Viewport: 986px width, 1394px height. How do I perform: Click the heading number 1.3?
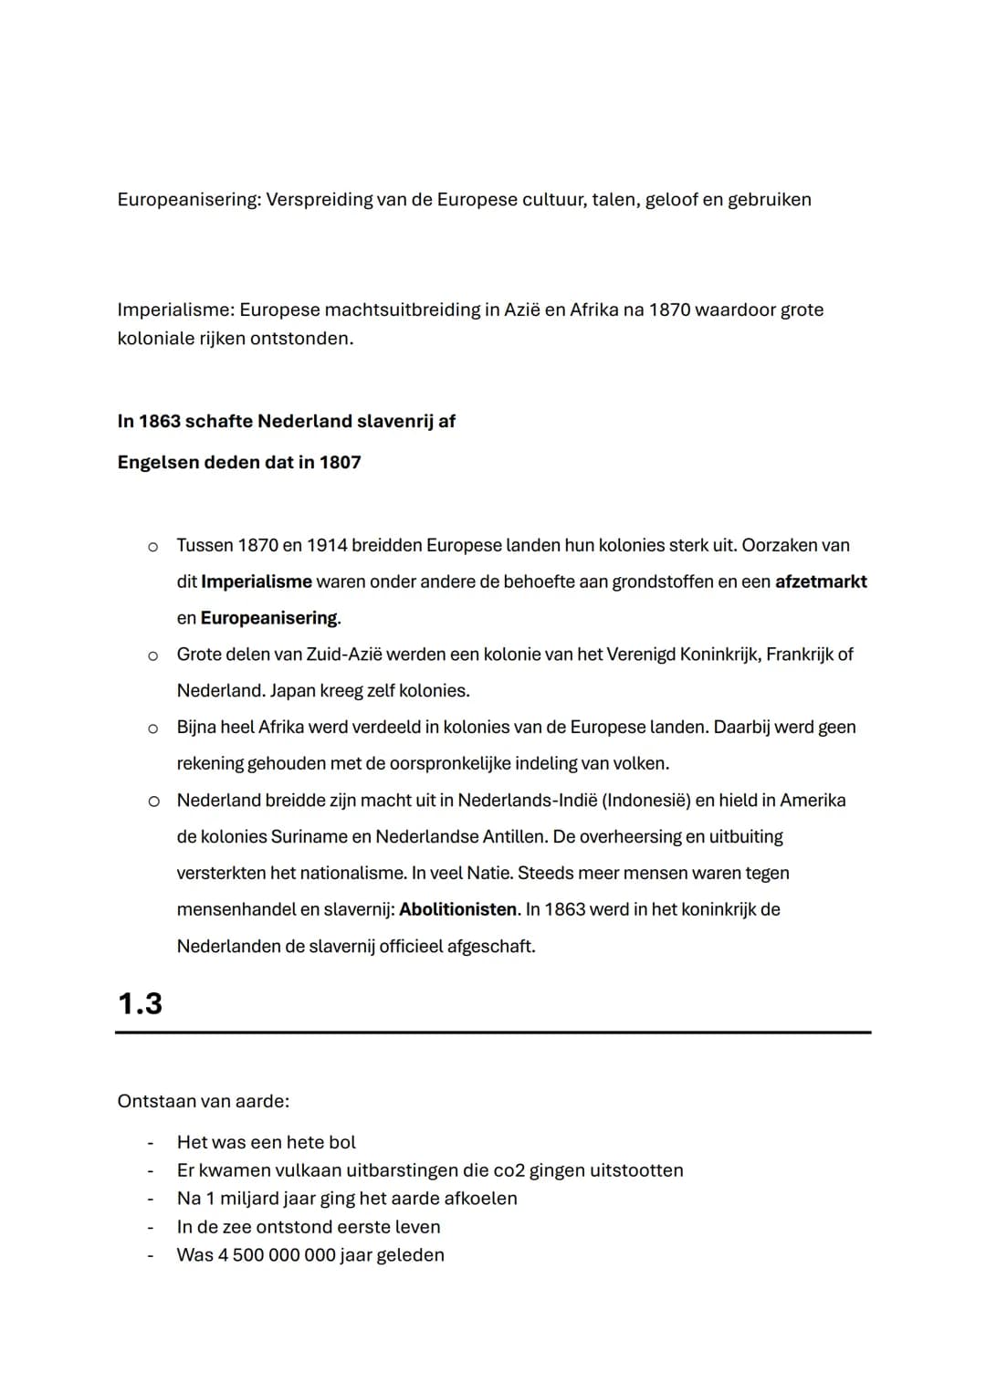(x=140, y=1003)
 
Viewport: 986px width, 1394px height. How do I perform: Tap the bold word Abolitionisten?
(x=458, y=909)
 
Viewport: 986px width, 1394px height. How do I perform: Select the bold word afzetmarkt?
(x=821, y=582)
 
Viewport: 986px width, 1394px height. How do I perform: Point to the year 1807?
(x=340, y=462)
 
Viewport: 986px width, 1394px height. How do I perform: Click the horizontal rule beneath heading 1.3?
(x=493, y=1032)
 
